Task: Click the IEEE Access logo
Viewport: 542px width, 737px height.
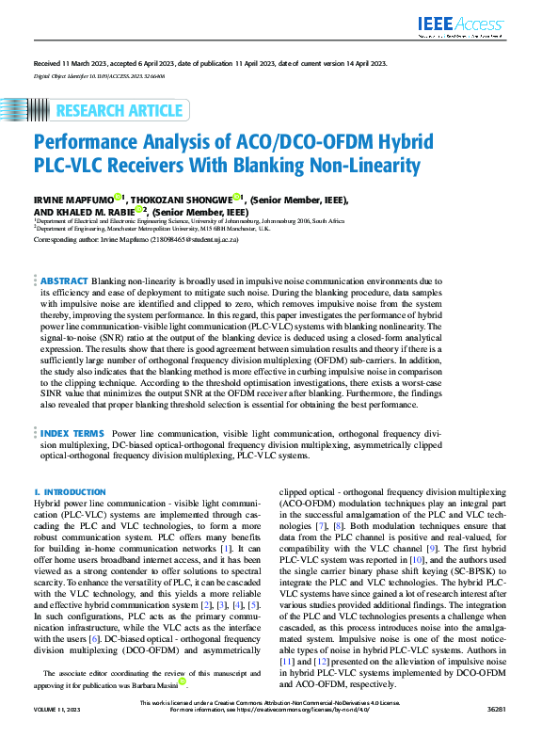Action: click(x=474, y=26)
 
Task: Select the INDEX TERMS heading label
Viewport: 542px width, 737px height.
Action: click(x=72, y=432)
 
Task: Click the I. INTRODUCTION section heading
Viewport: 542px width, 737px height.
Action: click(x=70, y=492)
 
